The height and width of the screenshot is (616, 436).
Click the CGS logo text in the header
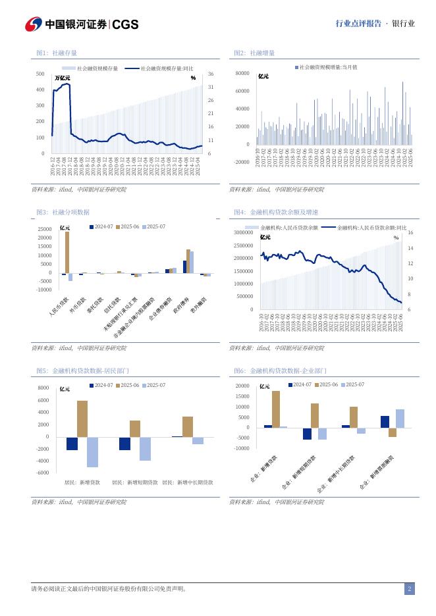[x=125, y=24]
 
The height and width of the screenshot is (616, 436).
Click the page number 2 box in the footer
[x=409, y=589]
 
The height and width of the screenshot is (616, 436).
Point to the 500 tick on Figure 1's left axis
[x=41, y=74]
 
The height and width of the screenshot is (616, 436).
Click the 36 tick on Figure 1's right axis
[x=210, y=74]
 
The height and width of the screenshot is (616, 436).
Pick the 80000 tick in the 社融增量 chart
[x=242, y=74]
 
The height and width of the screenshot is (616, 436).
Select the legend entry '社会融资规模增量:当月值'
[x=327, y=67]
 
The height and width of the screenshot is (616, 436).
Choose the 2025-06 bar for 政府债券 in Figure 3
[x=188, y=261]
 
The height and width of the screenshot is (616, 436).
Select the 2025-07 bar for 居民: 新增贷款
[x=93, y=452]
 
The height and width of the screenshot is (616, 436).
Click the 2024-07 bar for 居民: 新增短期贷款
[x=124, y=444]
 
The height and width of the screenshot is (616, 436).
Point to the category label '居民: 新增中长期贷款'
[x=188, y=482]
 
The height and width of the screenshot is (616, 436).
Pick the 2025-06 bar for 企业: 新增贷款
[x=275, y=409]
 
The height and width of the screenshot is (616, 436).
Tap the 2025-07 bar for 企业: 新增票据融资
[x=400, y=419]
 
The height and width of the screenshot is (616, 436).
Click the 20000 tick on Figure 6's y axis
[x=242, y=386]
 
